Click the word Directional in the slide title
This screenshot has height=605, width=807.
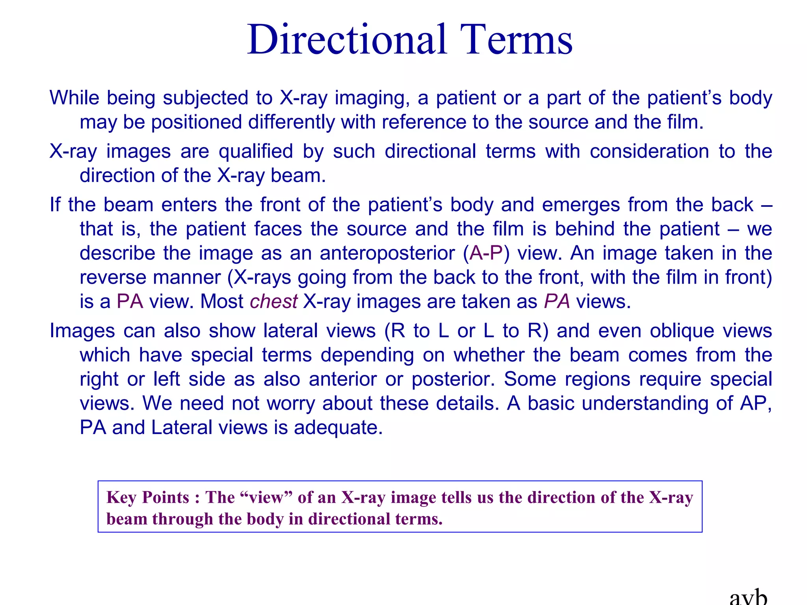(x=347, y=40)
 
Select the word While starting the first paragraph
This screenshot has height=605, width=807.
(x=74, y=98)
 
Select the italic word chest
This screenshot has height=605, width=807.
(x=273, y=302)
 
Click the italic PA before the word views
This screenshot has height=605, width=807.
(x=557, y=302)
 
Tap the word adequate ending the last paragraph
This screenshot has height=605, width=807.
(x=338, y=428)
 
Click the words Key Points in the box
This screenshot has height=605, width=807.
(x=148, y=497)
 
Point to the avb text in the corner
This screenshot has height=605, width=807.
(x=748, y=598)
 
